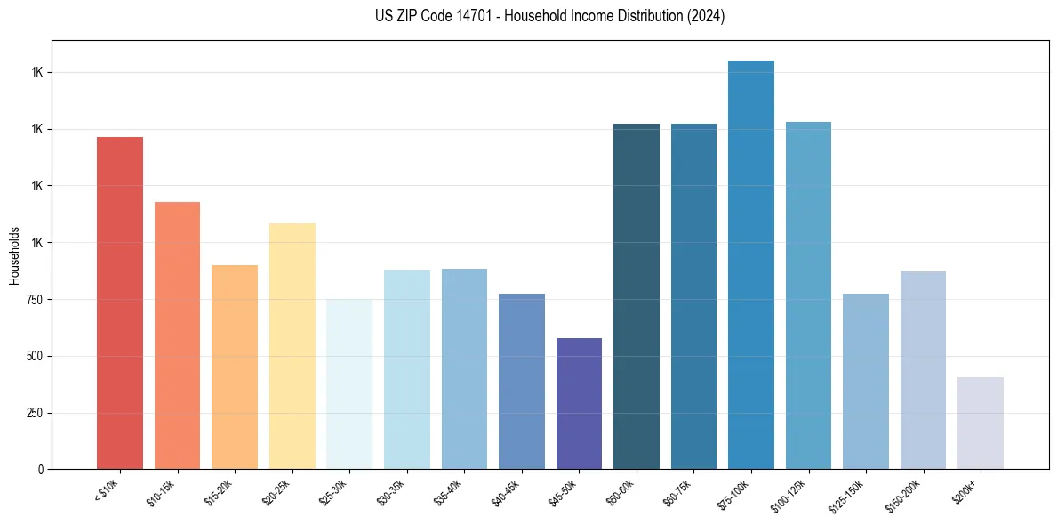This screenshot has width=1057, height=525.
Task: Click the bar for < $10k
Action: click(x=120, y=303)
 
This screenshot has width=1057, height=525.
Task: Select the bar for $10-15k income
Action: click(x=177, y=335)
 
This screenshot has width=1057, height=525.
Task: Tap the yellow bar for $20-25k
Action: click(x=292, y=346)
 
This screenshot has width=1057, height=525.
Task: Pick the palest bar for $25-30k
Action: click(x=349, y=384)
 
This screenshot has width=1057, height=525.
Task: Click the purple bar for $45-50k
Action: click(x=579, y=403)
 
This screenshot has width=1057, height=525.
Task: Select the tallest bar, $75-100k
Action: click(x=751, y=264)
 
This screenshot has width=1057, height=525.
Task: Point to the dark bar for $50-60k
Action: click(x=637, y=296)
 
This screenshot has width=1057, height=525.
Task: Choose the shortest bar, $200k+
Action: click(x=981, y=423)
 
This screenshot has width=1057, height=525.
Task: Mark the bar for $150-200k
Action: click(x=923, y=370)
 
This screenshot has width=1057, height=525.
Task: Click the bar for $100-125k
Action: click(x=808, y=295)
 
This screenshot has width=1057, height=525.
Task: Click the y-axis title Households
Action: click(x=14, y=254)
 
